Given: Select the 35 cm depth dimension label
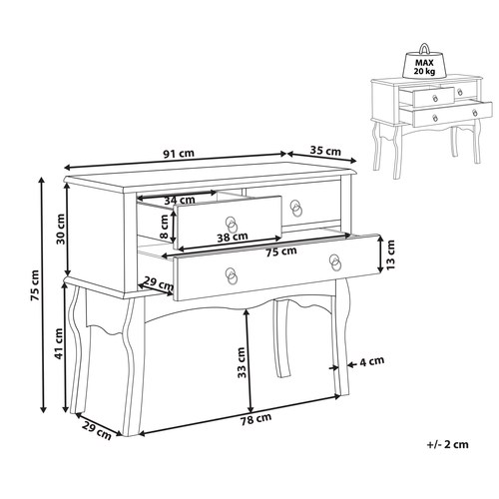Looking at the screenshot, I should pos(325,151).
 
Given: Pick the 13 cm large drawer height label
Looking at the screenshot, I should pos(392,256).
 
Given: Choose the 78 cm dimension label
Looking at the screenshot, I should pos(256,419).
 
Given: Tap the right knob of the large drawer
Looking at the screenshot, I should pos(336,261).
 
